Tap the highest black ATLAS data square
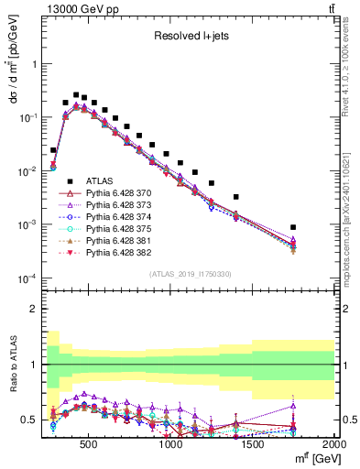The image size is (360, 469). [75, 94]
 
